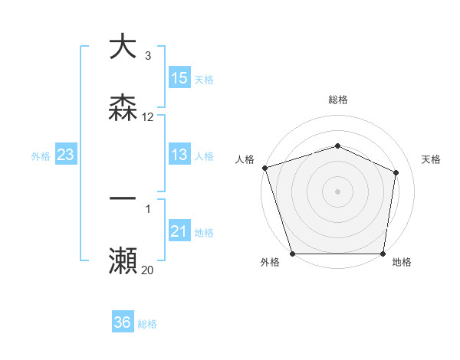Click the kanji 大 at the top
pos(123,47)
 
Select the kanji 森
pos(123,108)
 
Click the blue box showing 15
pos(179,78)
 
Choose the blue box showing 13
pos(179,155)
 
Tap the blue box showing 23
pos(66,155)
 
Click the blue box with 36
pos(123,323)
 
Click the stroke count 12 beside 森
pos(148,117)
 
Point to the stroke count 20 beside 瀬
pos(148,270)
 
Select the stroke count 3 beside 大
pos(148,56)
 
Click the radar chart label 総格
pos(337,100)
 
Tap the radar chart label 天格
pos(432,159)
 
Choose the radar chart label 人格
pos(245,159)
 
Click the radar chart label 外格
pos(270,263)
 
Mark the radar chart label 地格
pos(402,263)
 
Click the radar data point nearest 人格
pos(264,168)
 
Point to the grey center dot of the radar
pos(337,191)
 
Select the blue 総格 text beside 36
pos(147,324)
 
